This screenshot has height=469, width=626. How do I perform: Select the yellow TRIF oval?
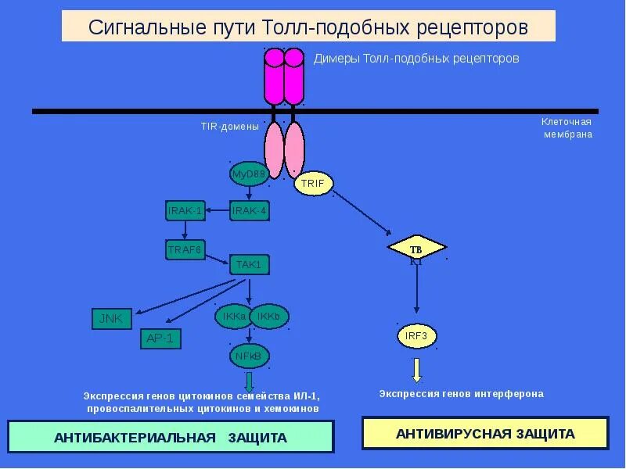click(314, 184)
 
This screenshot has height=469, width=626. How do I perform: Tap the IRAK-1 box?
click(185, 210)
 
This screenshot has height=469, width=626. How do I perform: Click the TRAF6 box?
click(185, 249)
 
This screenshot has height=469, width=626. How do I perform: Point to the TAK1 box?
click(250, 265)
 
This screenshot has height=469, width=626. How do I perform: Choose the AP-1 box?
click(161, 338)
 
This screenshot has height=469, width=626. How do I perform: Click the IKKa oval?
click(233, 316)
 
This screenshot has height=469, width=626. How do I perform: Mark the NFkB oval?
click(250, 356)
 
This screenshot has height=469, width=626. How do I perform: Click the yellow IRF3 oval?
click(416, 336)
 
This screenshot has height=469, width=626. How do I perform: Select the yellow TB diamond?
click(416, 249)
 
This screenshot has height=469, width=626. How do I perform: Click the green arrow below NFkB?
click(250, 381)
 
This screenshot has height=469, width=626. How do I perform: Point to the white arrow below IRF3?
click(417, 369)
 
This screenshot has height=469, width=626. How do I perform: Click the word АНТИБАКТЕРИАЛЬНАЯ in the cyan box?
click(135, 438)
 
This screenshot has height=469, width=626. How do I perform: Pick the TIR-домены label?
click(230, 127)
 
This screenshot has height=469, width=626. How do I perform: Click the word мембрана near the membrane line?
click(568, 134)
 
